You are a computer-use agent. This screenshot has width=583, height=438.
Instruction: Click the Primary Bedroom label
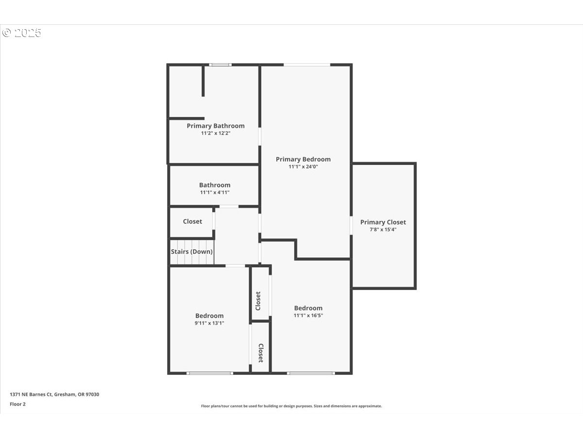point(303,159)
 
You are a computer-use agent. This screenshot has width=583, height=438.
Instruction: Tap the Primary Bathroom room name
point(216,126)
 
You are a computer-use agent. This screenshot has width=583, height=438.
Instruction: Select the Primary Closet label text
point(383,222)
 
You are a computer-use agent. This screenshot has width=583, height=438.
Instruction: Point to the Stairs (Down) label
point(191,252)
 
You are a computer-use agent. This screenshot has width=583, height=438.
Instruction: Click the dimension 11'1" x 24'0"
point(303,166)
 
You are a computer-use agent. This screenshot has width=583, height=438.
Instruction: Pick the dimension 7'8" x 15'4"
point(383,229)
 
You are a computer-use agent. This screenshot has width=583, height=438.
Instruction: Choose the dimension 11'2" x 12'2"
point(216,133)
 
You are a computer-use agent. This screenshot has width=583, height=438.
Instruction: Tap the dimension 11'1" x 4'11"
point(215,192)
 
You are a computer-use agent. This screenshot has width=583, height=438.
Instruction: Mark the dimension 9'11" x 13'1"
point(209,323)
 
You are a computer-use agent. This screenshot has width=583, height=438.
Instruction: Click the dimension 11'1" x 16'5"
point(308,315)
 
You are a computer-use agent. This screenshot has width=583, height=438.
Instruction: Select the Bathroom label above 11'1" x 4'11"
point(215,185)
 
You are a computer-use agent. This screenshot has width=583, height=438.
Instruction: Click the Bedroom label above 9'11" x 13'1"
point(209,315)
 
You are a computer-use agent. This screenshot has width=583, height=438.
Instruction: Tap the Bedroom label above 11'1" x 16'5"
point(308,308)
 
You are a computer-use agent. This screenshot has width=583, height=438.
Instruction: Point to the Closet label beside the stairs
point(192,221)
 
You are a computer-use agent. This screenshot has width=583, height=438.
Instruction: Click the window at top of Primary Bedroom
point(307,64)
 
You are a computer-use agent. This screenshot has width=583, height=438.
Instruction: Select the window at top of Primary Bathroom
point(220,64)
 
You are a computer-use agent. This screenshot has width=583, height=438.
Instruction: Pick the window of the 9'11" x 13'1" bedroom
point(210,373)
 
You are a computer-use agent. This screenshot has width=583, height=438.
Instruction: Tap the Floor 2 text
point(17,404)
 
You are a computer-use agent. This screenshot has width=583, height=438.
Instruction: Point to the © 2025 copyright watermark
point(22,33)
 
